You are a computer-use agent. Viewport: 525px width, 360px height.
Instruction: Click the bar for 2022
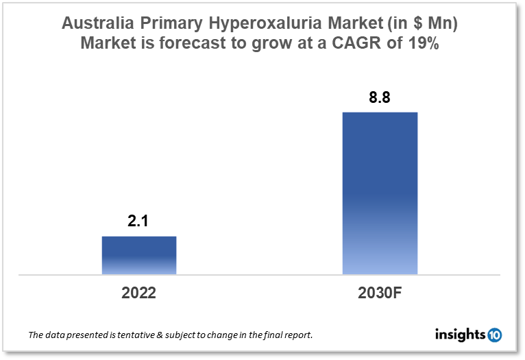(139, 255)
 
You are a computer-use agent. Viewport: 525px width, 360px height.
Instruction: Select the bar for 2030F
(380, 193)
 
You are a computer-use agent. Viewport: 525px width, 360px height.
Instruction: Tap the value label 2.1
(139, 221)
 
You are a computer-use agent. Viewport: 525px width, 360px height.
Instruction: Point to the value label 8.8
(380, 97)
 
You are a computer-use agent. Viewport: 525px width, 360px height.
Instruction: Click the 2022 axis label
(139, 293)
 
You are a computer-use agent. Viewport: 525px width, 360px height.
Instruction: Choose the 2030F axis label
(380, 293)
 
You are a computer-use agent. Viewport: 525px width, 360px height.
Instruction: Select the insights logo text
(460, 335)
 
